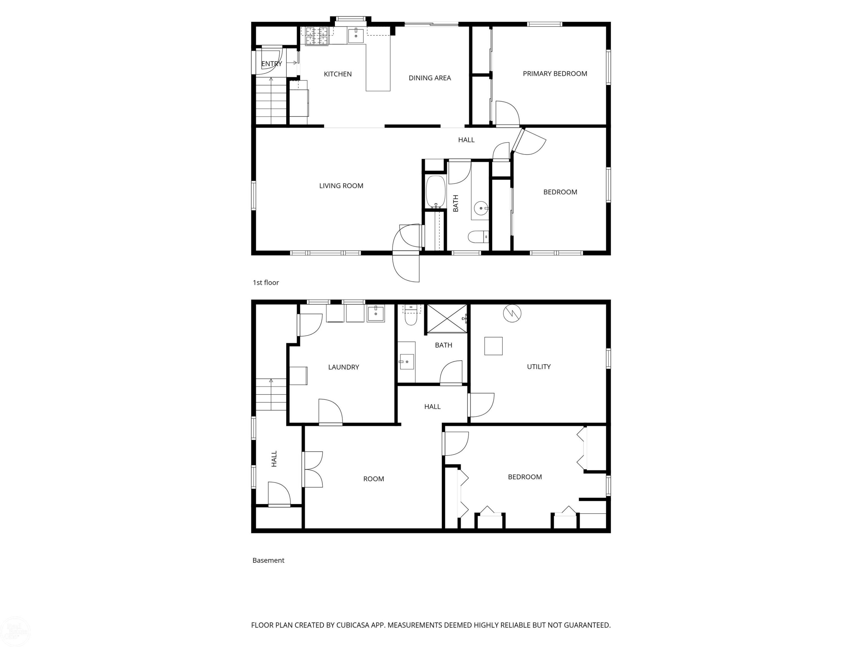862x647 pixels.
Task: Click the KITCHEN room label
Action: (x=338, y=74)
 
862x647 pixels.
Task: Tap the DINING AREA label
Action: (x=430, y=78)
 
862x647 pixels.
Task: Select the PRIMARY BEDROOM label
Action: (x=555, y=74)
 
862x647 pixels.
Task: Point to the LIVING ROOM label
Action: (x=341, y=186)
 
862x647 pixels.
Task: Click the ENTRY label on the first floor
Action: (x=271, y=64)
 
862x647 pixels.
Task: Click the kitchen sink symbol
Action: (x=355, y=35)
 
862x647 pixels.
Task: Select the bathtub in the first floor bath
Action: (x=435, y=192)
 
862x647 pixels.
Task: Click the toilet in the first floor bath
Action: (x=478, y=237)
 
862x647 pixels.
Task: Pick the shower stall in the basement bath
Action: (x=447, y=319)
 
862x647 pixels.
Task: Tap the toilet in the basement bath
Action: (x=411, y=315)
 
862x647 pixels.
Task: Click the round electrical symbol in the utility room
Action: (x=512, y=313)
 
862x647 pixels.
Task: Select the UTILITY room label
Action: (x=538, y=367)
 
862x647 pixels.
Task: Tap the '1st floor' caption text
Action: (x=266, y=283)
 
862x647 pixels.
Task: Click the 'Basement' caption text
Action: (x=268, y=560)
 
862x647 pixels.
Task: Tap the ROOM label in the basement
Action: (x=373, y=479)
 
